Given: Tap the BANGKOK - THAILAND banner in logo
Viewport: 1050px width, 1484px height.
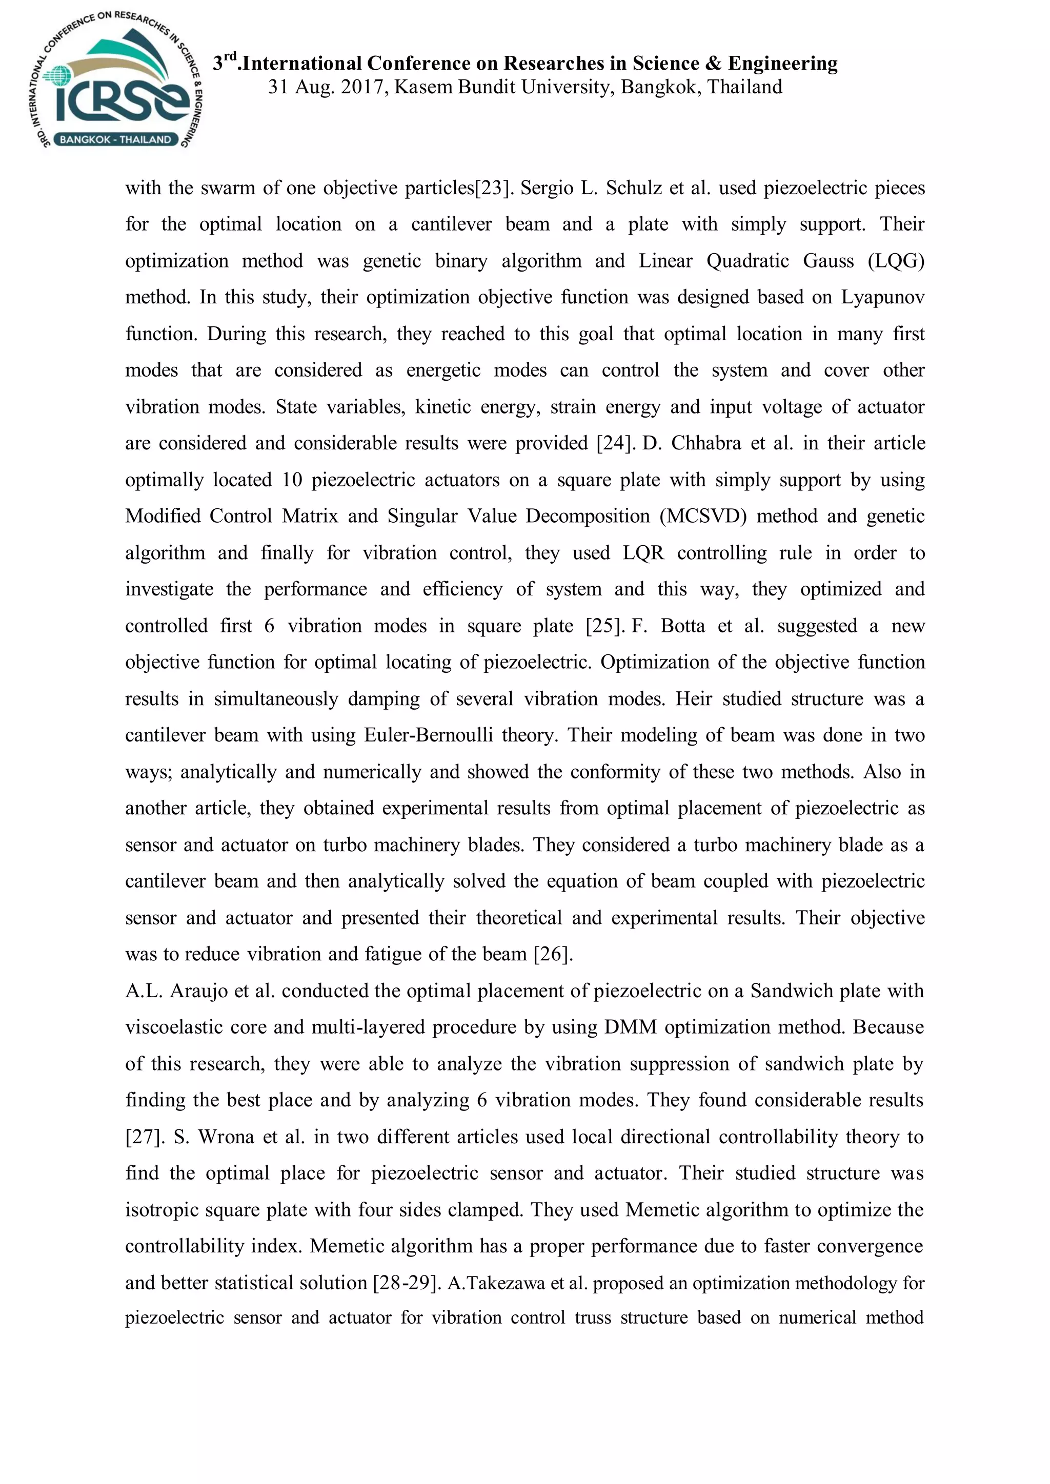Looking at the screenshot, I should (x=115, y=139).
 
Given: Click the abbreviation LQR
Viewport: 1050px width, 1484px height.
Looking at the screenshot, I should (x=643, y=553).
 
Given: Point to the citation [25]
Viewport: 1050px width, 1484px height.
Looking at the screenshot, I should (x=604, y=626).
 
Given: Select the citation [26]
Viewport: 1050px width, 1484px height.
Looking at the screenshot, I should (x=553, y=955).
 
